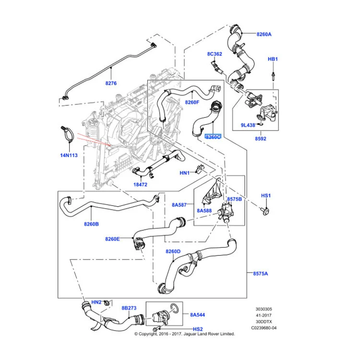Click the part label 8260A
pos(264,34)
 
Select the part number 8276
pos(111,83)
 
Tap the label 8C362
pos(215,54)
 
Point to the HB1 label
pos(273,59)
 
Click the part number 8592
pos(261,139)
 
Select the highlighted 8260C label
pos(213,137)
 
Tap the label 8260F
pos(192,102)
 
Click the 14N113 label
pos(68,155)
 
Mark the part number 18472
pos(140,184)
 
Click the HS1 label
pos(266,196)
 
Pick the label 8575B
pos(234,199)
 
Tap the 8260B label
pos(91,224)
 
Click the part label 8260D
pos(173,252)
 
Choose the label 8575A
pos(261,274)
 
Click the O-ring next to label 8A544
pos(175,308)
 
